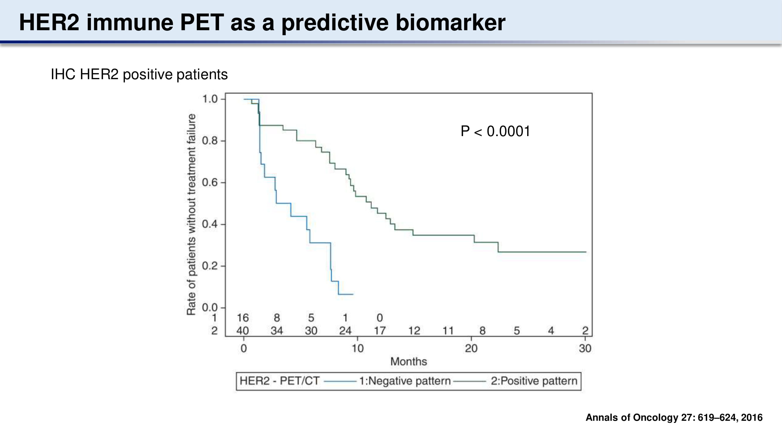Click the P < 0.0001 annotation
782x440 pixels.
point(496,131)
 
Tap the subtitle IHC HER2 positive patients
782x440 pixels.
point(139,75)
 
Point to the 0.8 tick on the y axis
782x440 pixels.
point(210,141)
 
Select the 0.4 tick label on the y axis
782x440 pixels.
point(210,224)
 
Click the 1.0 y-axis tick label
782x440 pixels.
point(210,99)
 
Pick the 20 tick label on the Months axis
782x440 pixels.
point(471,348)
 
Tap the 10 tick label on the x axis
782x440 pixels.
point(357,348)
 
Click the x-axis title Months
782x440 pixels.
point(409,362)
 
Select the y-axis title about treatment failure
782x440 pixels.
point(191,214)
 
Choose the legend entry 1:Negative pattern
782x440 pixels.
point(405,381)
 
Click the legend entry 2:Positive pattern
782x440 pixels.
point(534,381)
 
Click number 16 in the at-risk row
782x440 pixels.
point(242,318)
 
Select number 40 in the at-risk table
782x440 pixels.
point(242,331)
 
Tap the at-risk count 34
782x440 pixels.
point(277,331)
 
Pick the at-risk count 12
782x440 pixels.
point(414,331)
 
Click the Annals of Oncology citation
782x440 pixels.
point(674,417)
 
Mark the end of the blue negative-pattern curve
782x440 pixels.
point(353,294)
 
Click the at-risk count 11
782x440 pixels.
point(448,331)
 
